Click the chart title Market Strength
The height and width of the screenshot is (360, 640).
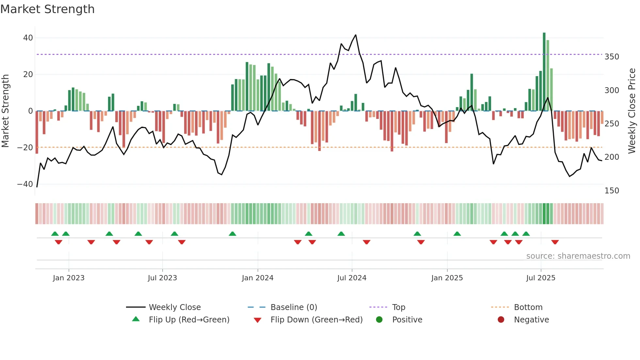(47, 9)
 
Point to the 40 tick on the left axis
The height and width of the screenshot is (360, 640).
(28, 38)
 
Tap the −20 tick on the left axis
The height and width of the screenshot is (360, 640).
(25, 148)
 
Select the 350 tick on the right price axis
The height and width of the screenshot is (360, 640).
(612, 57)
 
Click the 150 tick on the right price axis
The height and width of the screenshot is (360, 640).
(612, 191)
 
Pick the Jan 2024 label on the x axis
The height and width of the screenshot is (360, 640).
(257, 278)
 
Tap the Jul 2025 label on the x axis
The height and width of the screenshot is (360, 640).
(540, 278)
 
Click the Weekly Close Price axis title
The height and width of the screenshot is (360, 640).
(632, 111)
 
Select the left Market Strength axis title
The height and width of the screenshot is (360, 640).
(6, 111)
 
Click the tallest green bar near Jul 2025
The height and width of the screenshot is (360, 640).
(544, 72)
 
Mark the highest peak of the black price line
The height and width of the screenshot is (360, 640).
(356, 35)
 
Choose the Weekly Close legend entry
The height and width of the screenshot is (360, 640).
(174, 307)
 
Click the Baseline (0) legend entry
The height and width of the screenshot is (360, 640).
(294, 307)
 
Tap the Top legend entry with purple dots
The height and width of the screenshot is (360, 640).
(398, 307)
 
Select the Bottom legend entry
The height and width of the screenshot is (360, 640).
(528, 307)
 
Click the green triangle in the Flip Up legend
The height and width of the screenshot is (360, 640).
(136, 319)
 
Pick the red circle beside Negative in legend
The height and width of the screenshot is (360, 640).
(501, 319)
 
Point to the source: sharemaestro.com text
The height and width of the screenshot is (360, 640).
(578, 256)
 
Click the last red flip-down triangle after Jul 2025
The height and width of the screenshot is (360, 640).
(555, 242)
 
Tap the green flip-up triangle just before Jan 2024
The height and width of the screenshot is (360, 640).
(232, 234)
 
